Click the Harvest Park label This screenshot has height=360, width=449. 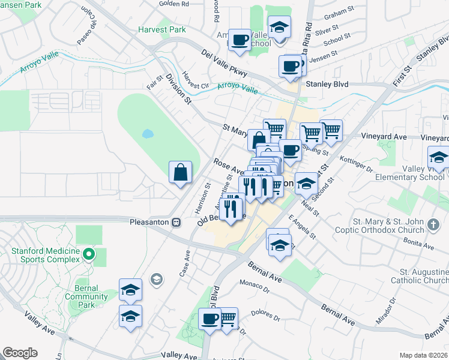point(161,29)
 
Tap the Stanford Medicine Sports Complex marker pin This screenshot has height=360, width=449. point(89,254)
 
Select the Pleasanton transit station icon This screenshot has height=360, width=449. point(176,221)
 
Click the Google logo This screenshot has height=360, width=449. point(20,353)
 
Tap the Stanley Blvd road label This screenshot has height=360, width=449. point(327,85)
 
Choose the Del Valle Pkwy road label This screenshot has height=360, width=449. point(224,62)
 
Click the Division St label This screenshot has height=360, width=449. point(178,89)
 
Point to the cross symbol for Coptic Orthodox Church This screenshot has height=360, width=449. point(433,226)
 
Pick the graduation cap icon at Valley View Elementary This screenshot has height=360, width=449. point(439,158)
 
